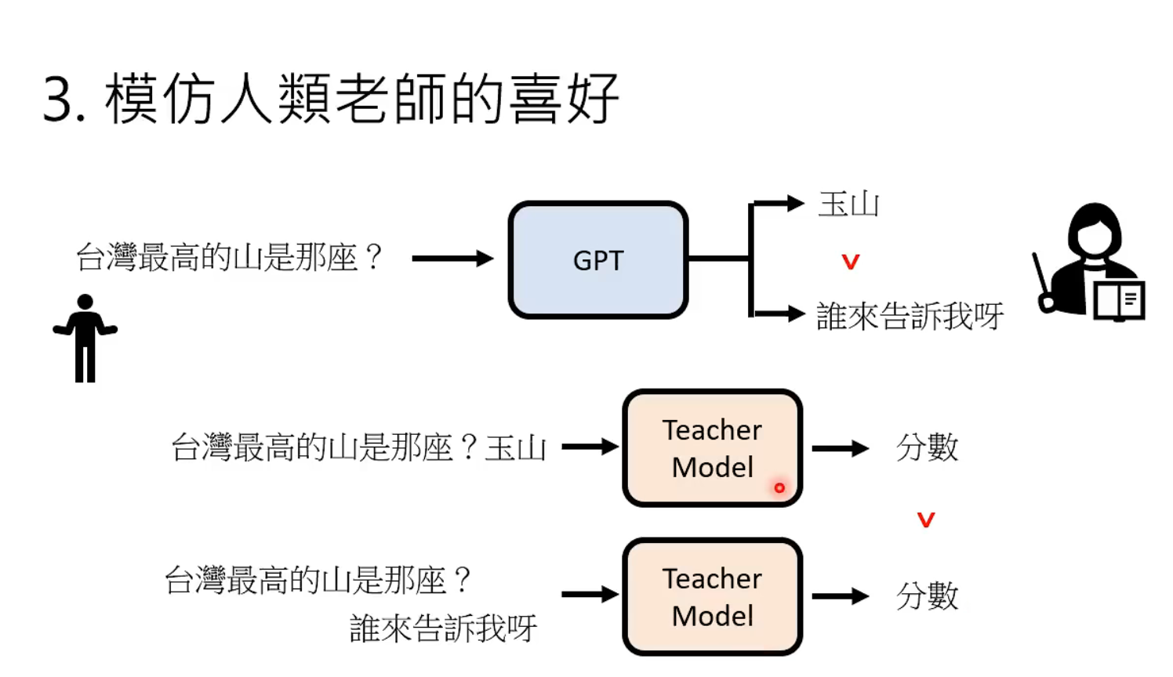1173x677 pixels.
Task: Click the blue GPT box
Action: [598, 260]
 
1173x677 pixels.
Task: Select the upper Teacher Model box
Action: [712, 448]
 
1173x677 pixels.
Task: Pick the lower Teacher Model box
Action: [712, 596]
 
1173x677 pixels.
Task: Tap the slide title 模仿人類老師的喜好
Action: [361, 100]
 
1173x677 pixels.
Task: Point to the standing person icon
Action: [85, 338]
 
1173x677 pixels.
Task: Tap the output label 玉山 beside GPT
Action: [848, 205]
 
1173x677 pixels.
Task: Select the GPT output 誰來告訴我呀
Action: [910, 316]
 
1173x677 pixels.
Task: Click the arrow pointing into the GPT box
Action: [452, 259]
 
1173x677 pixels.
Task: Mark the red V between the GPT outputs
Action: [851, 262]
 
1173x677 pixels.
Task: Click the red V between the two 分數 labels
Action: [926, 520]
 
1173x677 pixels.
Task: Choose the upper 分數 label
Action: [927, 447]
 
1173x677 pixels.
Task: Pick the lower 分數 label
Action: [927, 596]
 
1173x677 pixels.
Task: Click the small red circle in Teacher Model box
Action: [779, 487]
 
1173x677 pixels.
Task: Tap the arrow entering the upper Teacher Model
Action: [590, 447]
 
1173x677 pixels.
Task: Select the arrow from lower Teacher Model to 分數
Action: [840, 596]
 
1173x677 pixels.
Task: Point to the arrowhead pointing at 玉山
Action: [795, 204]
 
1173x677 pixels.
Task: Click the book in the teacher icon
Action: [1119, 300]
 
